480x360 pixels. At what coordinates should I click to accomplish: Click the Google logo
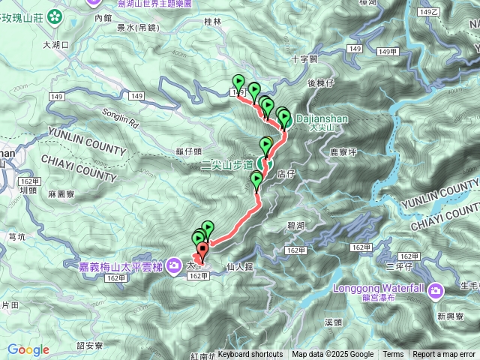[28, 349]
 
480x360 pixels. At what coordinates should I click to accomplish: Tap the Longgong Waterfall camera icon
[436, 290]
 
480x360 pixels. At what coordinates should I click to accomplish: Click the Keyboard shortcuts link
[250, 355]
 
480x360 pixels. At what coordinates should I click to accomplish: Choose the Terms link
[393, 355]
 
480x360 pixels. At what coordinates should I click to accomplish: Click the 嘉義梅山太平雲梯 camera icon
[174, 265]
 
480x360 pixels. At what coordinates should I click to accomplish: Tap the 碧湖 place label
[295, 225]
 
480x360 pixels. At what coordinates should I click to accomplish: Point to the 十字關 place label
[304, 58]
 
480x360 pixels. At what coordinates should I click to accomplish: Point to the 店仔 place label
[285, 174]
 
